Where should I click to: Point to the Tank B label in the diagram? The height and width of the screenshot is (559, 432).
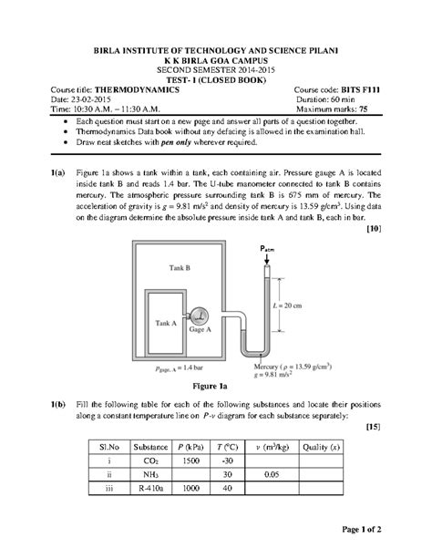tap(180, 268)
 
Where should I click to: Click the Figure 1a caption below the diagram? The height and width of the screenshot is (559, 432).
tap(215, 384)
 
